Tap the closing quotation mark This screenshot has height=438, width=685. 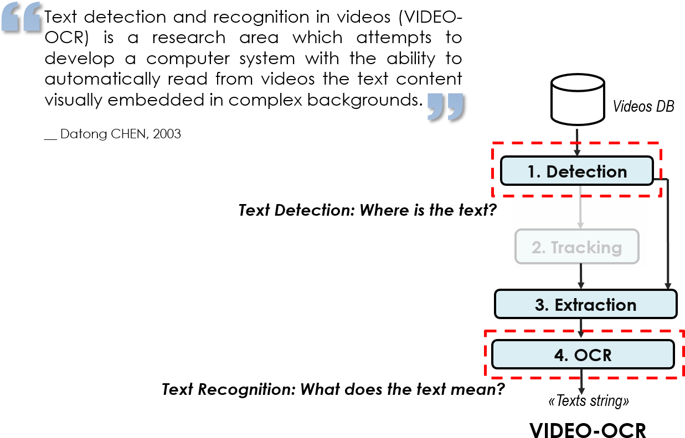[x=445, y=106]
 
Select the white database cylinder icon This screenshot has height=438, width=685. [x=578, y=102]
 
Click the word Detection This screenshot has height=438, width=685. [x=586, y=171]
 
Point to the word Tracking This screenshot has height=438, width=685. [x=586, y=247]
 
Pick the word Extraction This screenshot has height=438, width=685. [x=595, y=305]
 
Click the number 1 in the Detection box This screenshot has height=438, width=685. [x=532, y=171]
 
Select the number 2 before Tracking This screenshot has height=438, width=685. [x=538, y=247]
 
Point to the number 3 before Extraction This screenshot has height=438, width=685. [x=540, y=305]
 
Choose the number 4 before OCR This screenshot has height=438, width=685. [x=560, y=354]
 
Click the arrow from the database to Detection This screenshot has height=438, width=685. [x=577, y=143]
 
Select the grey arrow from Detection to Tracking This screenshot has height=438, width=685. [x=580, y=207]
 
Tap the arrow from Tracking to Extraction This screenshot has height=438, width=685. [x=581, y=277]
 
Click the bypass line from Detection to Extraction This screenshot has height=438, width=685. [x=668, y=232]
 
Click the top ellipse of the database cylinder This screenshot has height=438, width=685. [x=578, y=84]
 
